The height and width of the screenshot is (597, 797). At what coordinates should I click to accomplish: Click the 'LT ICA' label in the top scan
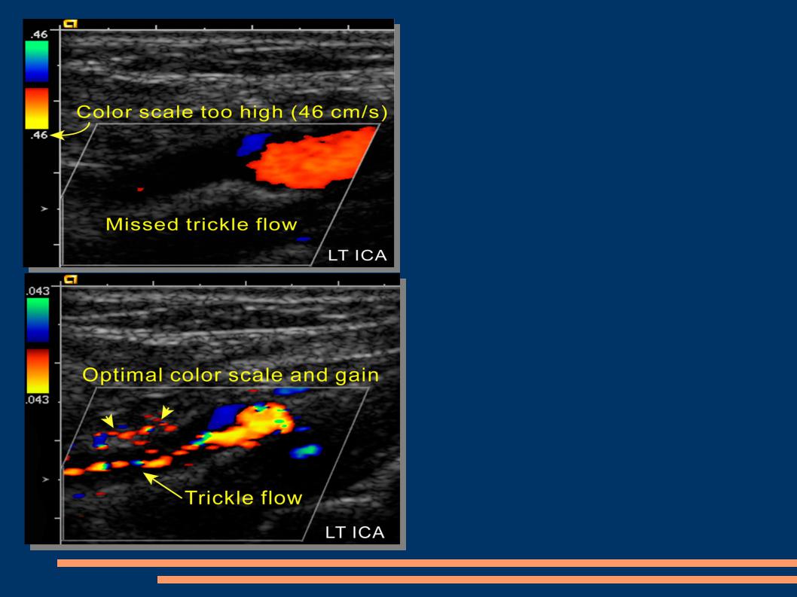click(x=357, y=255)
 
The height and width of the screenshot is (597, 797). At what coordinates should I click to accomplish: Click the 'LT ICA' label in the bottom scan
click(x=355, y=532)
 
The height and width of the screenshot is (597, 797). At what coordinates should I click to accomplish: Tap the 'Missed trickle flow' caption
click(x=201, y=224)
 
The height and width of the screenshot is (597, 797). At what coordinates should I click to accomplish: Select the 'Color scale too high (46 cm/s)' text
click(x=232, y=112)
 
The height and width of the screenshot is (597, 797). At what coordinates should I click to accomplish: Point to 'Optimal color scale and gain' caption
click(x=231, y=375)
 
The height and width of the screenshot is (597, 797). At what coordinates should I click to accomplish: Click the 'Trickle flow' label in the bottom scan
click(x=243, y=498)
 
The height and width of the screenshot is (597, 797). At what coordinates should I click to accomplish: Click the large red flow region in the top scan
click(x=310, y=159)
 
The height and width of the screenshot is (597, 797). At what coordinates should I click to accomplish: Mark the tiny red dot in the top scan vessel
click(x=140, y=190)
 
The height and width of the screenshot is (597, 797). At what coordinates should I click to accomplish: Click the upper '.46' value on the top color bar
click(x=38, y=35)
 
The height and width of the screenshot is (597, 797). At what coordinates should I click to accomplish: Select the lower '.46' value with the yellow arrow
click(x=38, y=135)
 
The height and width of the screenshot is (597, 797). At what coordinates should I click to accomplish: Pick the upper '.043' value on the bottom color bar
click(x=38, y=291)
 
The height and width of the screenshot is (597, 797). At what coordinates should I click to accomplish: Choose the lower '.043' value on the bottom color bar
click(x=38, y=400)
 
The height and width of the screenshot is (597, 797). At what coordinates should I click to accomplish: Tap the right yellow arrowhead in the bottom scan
click(x=166, y=412)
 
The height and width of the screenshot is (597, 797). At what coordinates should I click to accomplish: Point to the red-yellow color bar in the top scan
click(x=37, y=108)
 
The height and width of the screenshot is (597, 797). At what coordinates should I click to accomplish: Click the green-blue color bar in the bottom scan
click(x=38, y=320)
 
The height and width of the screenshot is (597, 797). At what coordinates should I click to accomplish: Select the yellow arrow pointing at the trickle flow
click(x=163, y=486)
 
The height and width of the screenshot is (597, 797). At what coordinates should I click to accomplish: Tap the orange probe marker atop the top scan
click(x=70, y=23)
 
